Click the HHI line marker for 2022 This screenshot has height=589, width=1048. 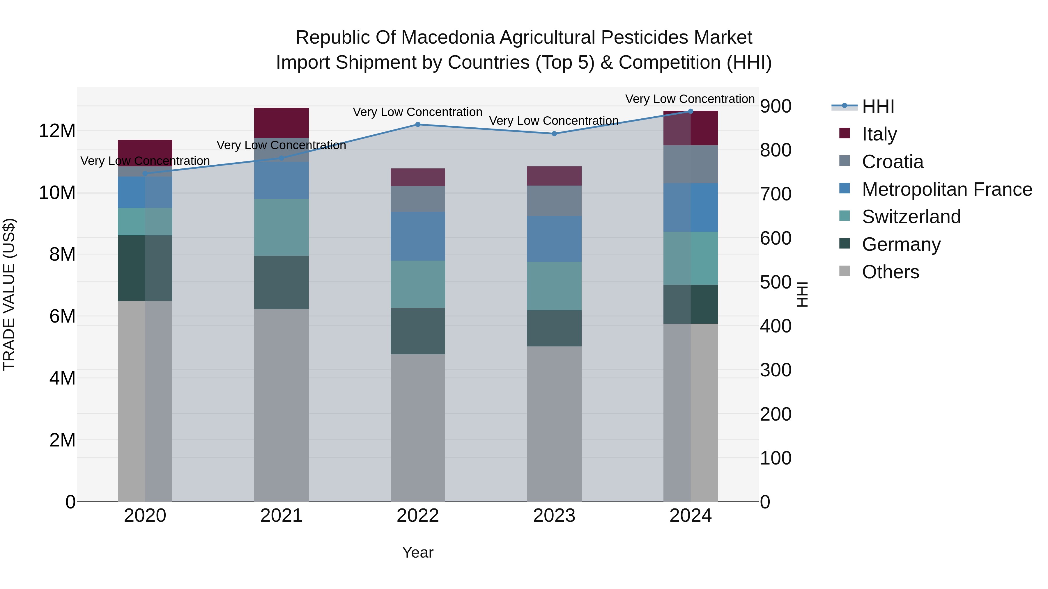coord(417,124)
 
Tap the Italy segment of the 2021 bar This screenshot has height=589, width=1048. coord(281,123)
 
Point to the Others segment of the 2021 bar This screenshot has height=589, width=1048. coord(281,405)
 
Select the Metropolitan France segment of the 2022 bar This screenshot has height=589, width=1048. coord(417,236)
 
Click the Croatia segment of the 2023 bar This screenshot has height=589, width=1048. coord(554,200)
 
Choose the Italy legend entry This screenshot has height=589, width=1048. coord(879,134)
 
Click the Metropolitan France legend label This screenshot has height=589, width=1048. coord(947,189)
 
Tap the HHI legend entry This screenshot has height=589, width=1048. coord(878,106)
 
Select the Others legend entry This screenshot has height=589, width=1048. coord(890,272)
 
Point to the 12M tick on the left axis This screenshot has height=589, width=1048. coord(57,131)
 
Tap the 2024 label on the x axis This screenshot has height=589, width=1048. coord(691,516)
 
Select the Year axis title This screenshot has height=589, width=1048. coord(417,552)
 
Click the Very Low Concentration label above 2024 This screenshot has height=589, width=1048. coord(690,99)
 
